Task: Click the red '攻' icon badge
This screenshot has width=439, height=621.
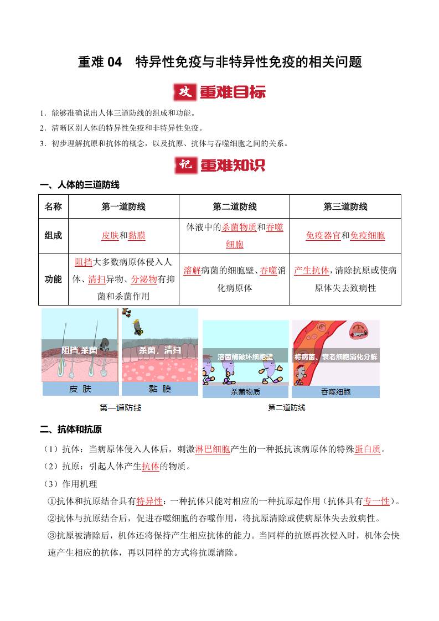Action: pyautogui.click(x=184, y=92)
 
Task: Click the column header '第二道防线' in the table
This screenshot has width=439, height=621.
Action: pyautogui.click(x=234, y=206)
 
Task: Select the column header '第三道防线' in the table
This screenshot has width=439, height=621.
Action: pyautogui.click(x=345, y=206)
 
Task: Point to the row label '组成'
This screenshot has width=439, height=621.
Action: pyautogui.click(x=53, y=235)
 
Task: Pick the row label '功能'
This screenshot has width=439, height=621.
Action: pyautogui.click(x=53, y=279)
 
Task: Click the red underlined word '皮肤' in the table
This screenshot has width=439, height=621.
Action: pyautogui.click(x=110, y=235)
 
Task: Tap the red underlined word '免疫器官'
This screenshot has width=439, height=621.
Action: pyautogui.click(x=323, y=235)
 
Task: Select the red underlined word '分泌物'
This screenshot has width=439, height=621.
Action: pyautogui.click(x=144, y=279)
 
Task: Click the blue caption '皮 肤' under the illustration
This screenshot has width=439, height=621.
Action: pyautogui.click(x=80, y=389)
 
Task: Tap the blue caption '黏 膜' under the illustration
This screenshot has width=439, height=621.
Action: pyautogui.click(x=160, y=389)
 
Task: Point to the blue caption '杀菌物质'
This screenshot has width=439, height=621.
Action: pyautogui.click(x=245, y=392)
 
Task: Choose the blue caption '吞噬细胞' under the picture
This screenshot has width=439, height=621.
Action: pyautogui.click(x=335, y=392)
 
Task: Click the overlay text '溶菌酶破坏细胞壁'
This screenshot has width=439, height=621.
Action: pyautogui.click(x=245, y=357)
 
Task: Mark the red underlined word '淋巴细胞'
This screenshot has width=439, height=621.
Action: pyautogui.click(x=213, y=449)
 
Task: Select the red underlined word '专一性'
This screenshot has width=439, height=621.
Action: pyautogui.click(x=376, y=501)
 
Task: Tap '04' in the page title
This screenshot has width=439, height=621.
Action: pyautogui.click(x=113, y=62)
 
